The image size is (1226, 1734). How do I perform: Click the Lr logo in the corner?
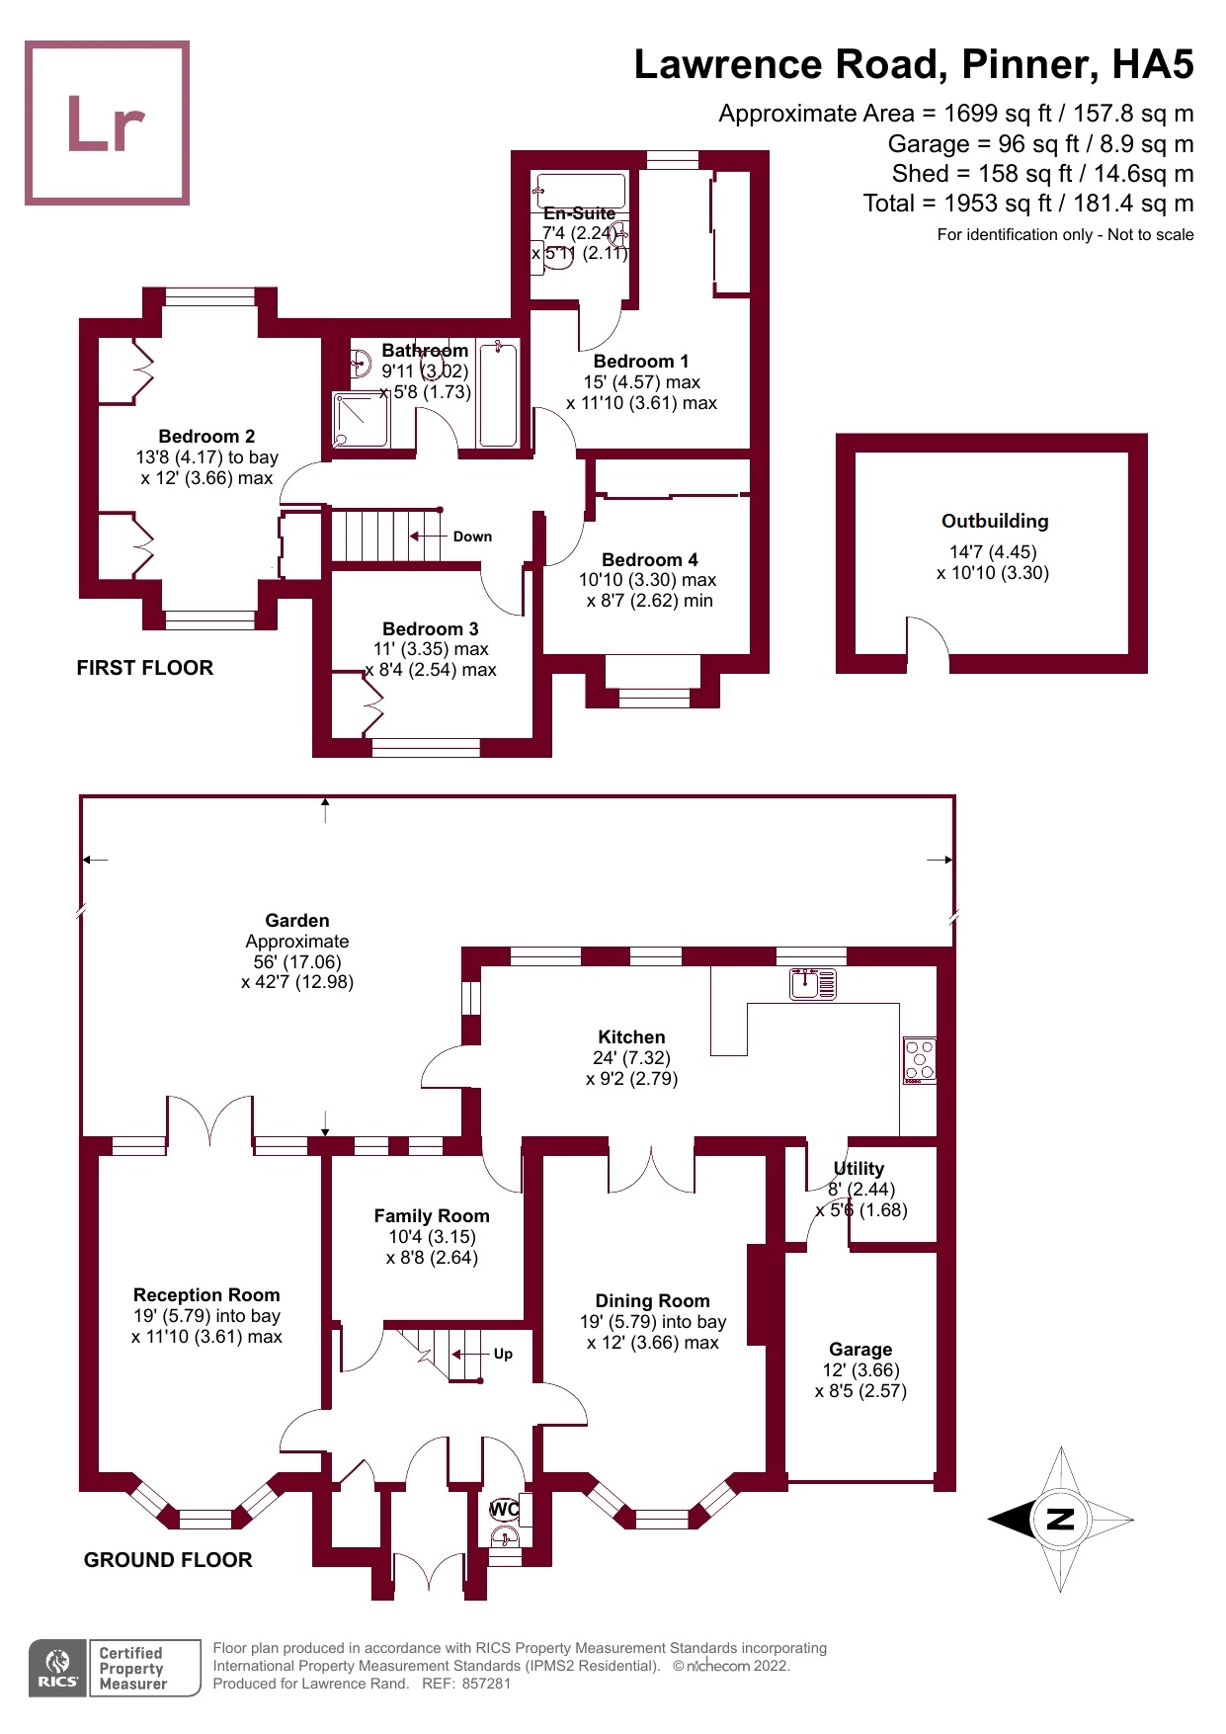(107, 123)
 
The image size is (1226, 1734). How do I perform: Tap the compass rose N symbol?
(1060, 1519)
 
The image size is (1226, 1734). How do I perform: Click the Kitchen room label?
(631, 1037)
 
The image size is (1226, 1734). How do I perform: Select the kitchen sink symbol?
(813, 984)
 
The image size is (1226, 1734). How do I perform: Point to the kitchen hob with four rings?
(920, 1061)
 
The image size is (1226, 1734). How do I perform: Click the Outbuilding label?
(995, 521)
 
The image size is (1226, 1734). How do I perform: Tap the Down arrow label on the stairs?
(472, 537)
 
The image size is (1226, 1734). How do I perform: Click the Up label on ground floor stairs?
(503, 1354)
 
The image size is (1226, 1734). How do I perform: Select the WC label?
(504, 1509)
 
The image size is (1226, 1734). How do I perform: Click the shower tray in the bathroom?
(361, 421)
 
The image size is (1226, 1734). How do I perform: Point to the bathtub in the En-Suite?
(579, 191)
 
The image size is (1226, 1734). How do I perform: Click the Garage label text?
(860, 1350)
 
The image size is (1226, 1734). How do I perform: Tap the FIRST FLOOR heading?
(145, 668)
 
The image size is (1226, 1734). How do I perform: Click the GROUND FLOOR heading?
(168, 1560)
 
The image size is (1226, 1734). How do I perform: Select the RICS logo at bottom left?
(58, 1668)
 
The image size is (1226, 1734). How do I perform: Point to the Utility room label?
(858, 1168)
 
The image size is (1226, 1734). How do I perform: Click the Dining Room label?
(652, 1301)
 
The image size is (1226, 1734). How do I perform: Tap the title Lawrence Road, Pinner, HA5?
(914, 64)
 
